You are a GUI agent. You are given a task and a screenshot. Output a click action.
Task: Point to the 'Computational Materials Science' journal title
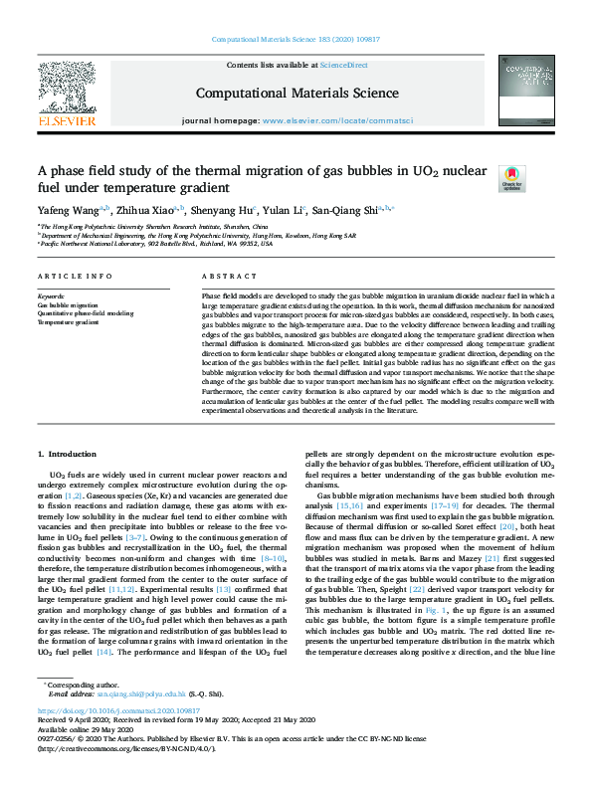pyautogui.click(x=296, y=92)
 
